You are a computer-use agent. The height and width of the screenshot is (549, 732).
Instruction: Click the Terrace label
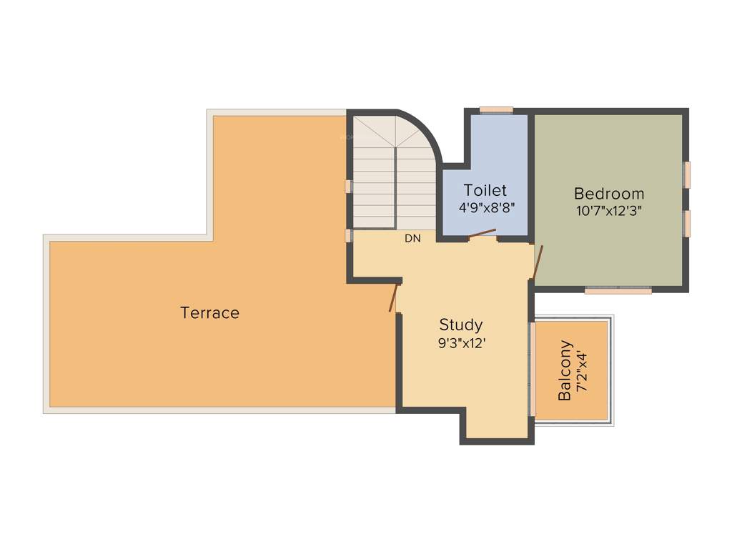(209, 312)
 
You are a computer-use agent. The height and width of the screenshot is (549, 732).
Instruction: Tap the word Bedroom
(609, 194)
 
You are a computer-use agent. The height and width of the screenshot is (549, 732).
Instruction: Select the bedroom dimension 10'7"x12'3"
(609, 211)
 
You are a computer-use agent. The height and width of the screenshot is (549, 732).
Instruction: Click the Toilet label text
(485, 190)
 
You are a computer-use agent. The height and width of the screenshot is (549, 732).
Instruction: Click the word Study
(460, 324)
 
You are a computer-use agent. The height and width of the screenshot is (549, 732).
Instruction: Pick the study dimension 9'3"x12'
(462, 342)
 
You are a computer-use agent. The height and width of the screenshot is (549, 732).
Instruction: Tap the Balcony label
(565, 370)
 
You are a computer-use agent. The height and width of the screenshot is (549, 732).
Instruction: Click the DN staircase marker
(412, 239)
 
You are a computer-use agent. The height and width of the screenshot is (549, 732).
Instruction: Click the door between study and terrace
(394, 297)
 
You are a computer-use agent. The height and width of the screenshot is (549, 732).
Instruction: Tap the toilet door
(483, 234)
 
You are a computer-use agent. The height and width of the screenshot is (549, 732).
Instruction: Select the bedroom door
(538, 262)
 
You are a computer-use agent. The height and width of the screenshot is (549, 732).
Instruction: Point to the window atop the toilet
(496, 110)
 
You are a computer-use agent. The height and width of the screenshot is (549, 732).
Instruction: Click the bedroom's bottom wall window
(618, 291)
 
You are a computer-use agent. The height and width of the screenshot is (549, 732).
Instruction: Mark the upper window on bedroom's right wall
(687, 174)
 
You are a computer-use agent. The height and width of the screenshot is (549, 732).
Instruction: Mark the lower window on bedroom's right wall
(687, 223)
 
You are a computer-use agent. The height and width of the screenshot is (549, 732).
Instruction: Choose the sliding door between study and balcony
(532, 369)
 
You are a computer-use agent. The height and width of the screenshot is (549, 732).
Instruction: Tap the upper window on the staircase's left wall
(348, 187)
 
